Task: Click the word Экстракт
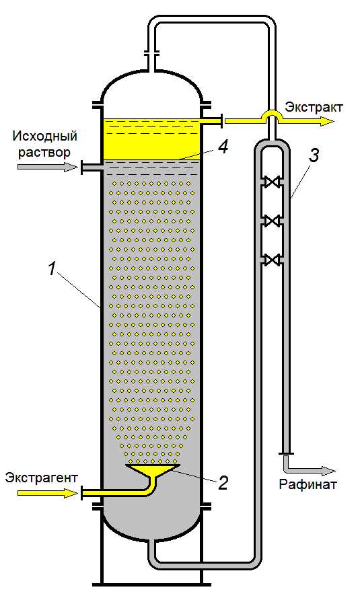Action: point(314,107)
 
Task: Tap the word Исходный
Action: point(44,136)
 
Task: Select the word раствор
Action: point(44,152)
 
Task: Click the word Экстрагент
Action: point(41,478)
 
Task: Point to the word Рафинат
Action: point(308,484)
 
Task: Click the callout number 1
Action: point(52,270)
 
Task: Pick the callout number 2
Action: point(223,484)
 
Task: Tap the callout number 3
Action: point(314,157)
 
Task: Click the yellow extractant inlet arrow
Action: point(48,492)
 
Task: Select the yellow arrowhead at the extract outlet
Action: point(327,122)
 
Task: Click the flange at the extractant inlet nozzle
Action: point(81,492)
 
